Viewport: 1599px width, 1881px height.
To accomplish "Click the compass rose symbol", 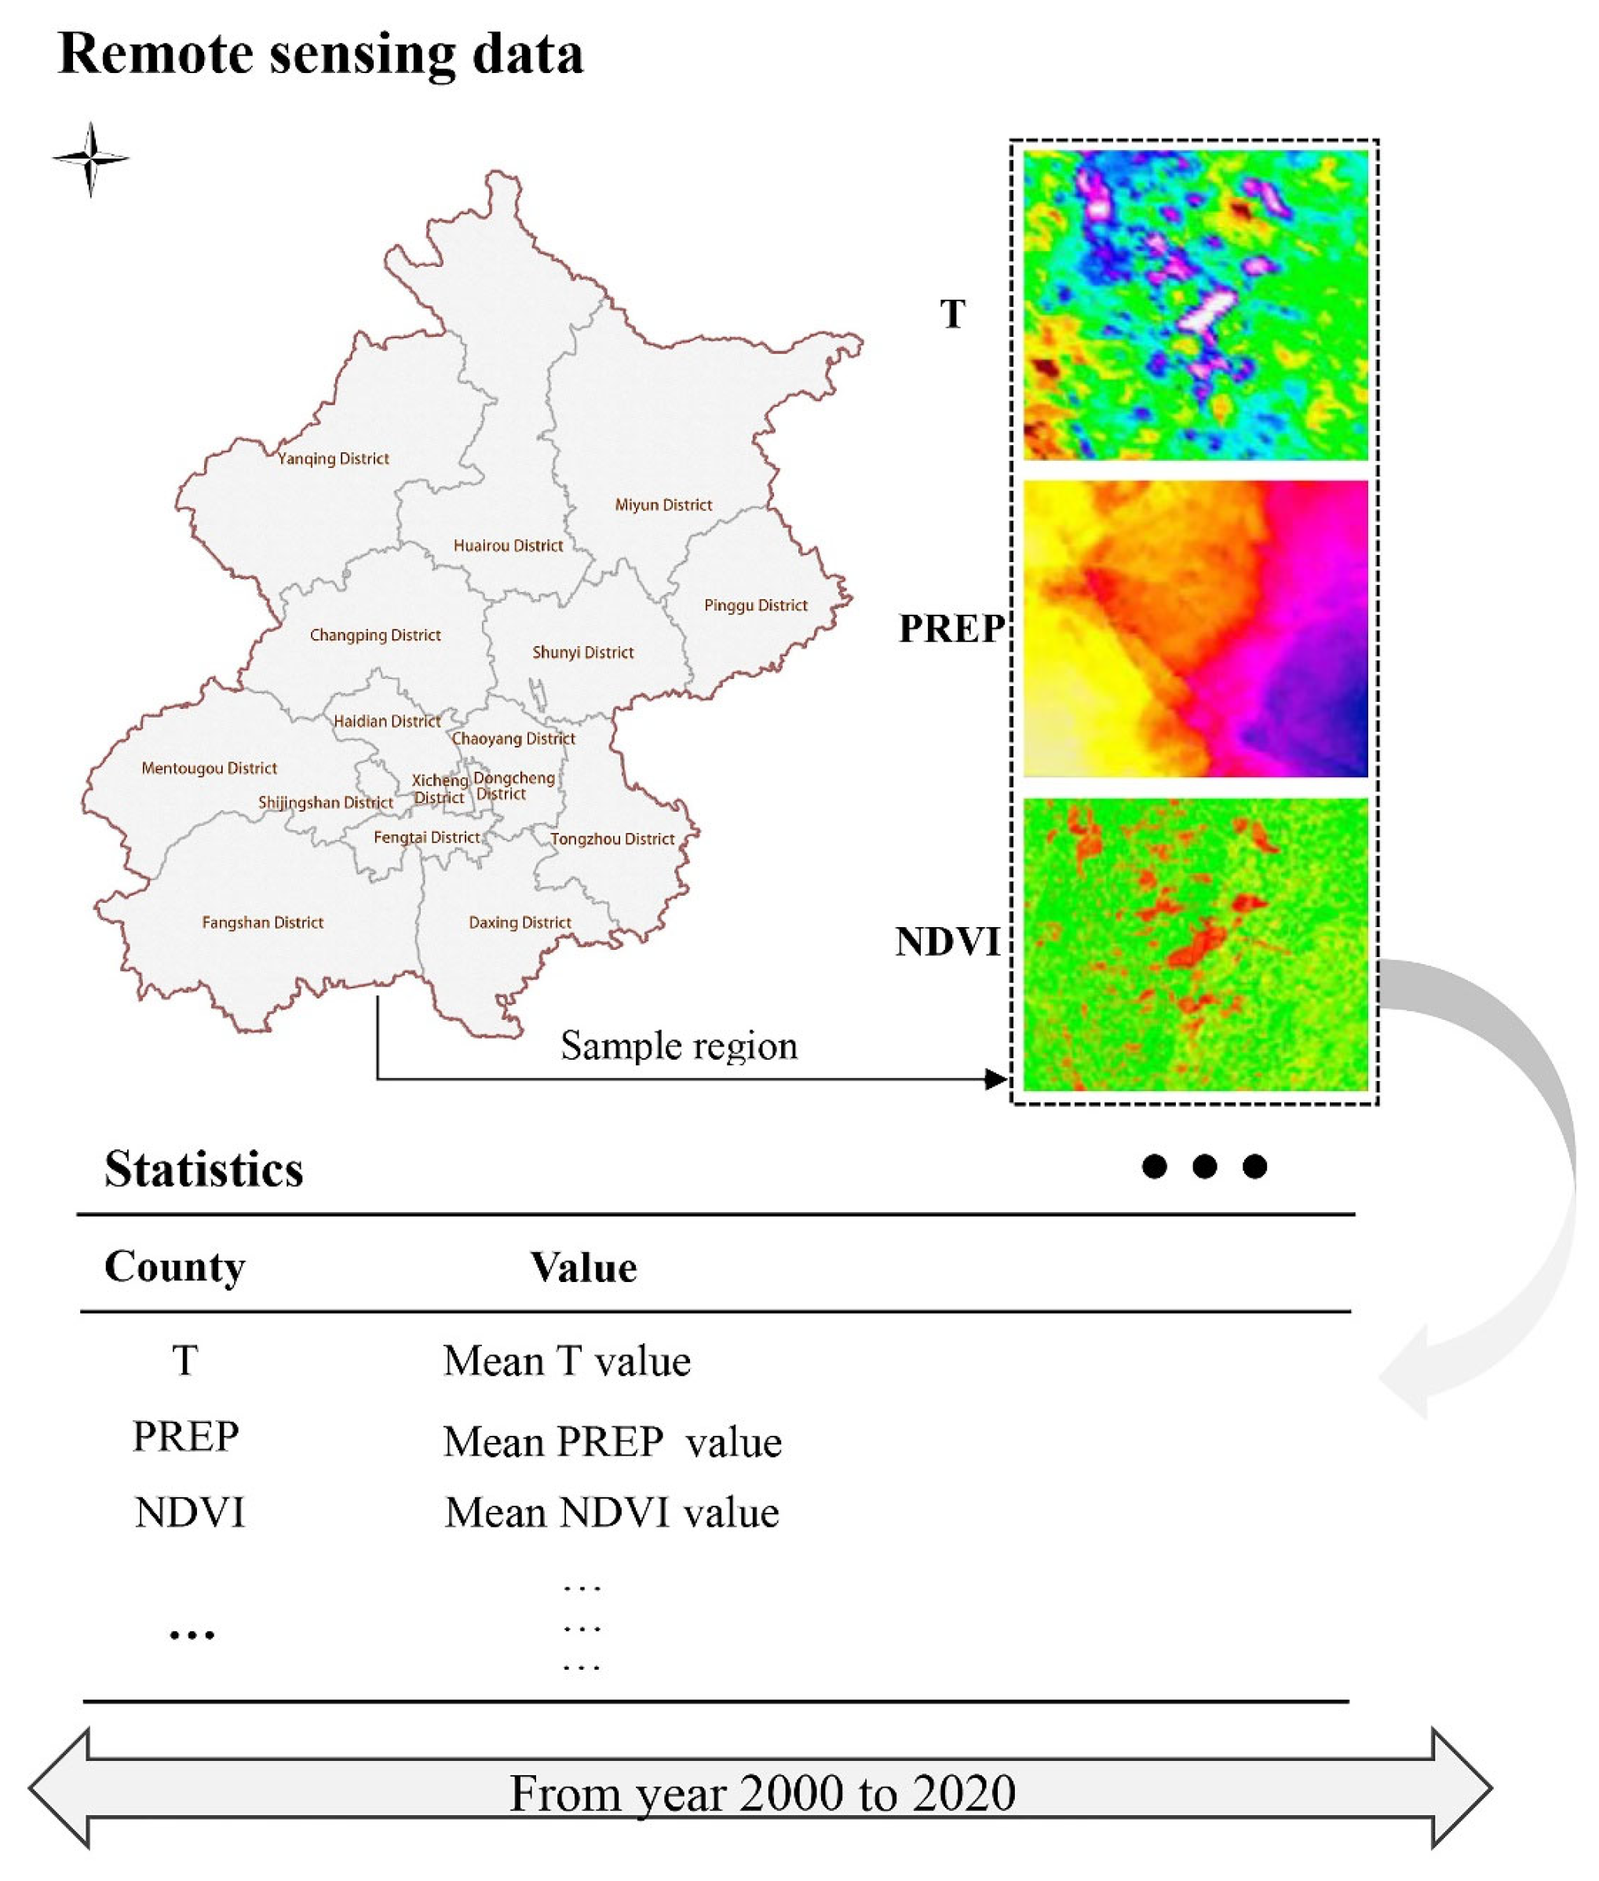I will [x=89, y=159].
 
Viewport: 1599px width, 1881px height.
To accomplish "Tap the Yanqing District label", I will [x=334, y=458].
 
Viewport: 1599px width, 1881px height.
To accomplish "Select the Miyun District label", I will [x=663, y=505].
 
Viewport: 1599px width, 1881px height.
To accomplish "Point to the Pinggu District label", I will [x=756, y=605].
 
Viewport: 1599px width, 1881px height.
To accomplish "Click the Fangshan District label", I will [x=263, y=922].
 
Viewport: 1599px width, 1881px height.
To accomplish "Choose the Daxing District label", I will [x=520, y=922].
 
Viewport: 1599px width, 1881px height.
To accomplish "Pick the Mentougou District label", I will [x=210, y=769].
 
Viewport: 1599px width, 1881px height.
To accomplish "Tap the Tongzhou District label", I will [x=613, y=839].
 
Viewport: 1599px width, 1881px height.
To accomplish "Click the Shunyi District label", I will [x=583, y=652].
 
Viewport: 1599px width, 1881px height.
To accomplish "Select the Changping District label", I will [x=375, y=635].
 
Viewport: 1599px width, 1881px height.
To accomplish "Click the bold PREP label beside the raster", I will [x=951, y=628].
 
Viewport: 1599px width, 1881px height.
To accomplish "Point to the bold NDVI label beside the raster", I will [x=948, y=942].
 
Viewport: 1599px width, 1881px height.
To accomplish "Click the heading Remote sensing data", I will [x=321, y=54].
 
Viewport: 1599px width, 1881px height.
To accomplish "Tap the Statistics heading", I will [x=204, y=1170].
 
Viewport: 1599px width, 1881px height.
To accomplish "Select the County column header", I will [x=175, y=1266].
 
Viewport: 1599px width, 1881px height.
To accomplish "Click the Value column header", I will [x=584, y=1268].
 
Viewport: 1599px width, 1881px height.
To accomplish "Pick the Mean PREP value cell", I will [x=613, y=1442].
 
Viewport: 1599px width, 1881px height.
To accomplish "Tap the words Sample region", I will [x=679, y=1046].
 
